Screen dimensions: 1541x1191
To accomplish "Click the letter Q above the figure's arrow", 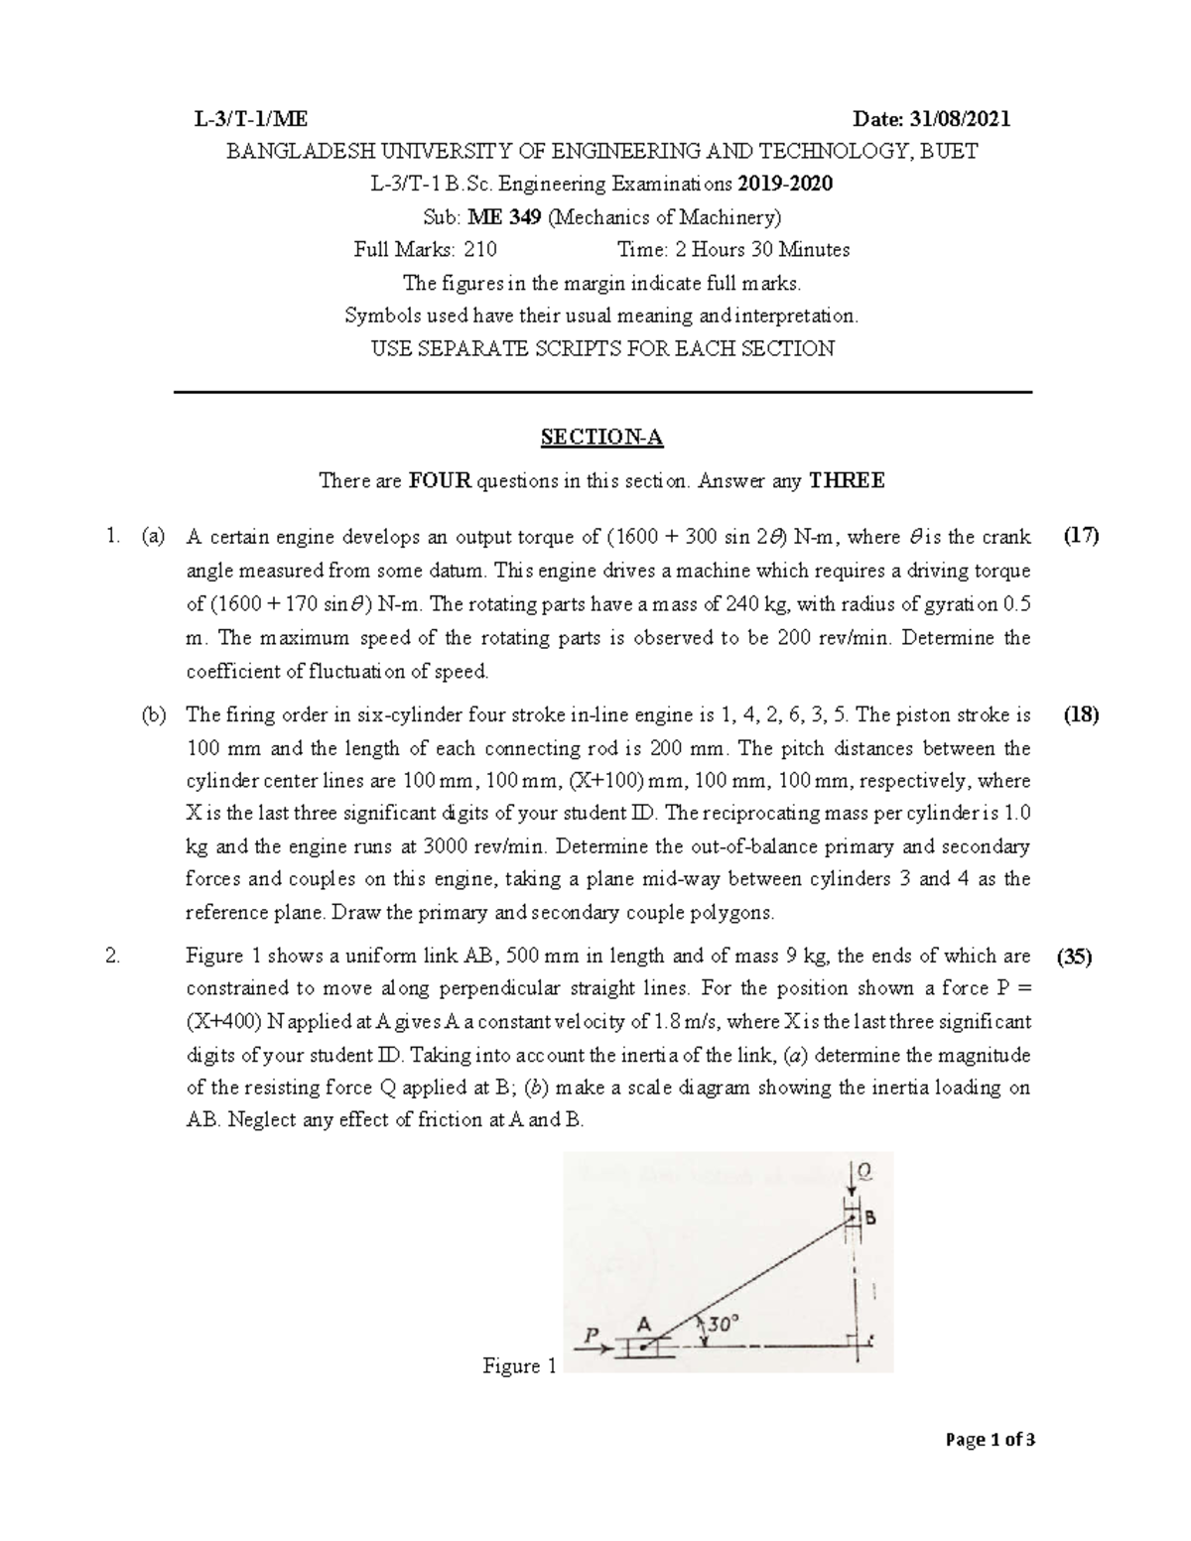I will pyautogui.click(x=865, y=1173).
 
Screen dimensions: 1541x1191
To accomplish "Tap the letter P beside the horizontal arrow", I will pyautogui.click(x=593, y=1336).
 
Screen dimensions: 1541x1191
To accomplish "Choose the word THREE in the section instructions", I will pyautogui.click(x=847, y=482).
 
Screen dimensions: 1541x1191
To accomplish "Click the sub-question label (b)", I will pyautogui.click(x=153, y=715).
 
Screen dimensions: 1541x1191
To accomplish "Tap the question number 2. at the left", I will pyautogui.click(x=112, y=957).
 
